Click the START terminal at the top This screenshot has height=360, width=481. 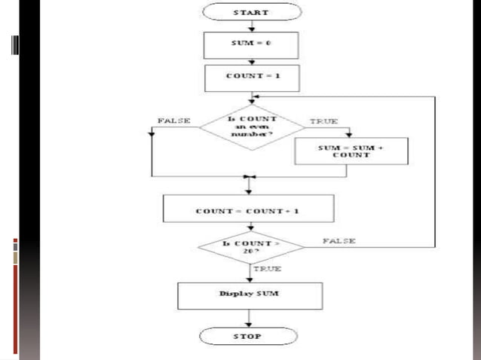[x=252, y=13]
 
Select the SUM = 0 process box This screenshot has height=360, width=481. [x=252, y=44]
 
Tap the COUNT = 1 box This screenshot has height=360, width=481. [x=252, y=76]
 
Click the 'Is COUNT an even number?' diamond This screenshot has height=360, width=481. [x=252, y=127]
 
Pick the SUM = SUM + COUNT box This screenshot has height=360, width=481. [x=351, y=150]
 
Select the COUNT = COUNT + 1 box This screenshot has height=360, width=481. [x=248, y=210]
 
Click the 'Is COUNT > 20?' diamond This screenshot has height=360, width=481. [x=251, y=248]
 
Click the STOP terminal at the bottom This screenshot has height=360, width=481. [x=252, y=336]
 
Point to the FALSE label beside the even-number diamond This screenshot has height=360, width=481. [x=174, y=121]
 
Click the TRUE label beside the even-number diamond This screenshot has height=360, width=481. [x=324, y=121]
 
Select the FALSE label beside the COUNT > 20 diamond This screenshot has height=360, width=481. [x=339, y=241]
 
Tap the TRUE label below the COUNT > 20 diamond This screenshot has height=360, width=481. [x=267, y=268]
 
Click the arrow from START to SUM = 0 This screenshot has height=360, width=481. [x=252, y=26]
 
